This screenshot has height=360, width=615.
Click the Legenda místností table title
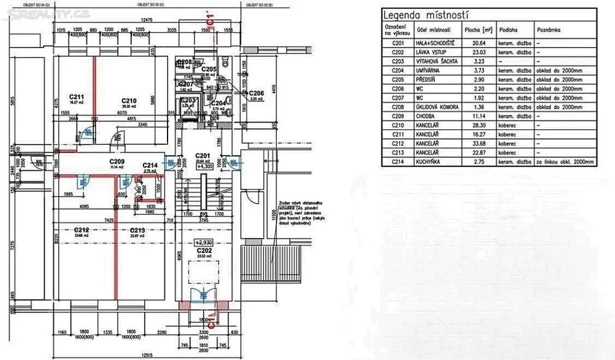pos(426,15)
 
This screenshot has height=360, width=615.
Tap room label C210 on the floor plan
pos(129,100)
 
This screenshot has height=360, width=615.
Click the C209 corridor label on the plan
pos(117,162)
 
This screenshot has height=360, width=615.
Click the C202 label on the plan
pos(204,251)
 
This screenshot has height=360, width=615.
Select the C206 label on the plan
pos(256,93)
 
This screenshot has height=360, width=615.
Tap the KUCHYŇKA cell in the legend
pos(423,162)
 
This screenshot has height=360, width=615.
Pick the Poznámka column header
pos(549,29)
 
